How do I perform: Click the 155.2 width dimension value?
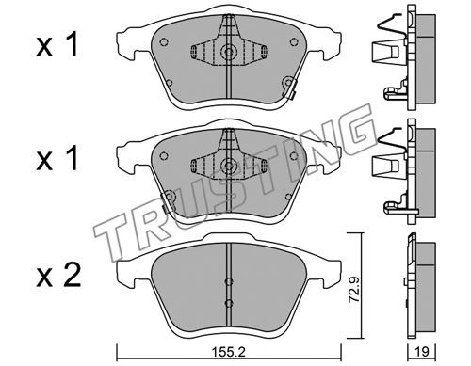click(228, 353)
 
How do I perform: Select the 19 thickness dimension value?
click(422, 352)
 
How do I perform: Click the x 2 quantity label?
click(58, 276)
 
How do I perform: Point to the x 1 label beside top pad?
click(57, 45)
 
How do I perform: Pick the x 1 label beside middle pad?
click(57, 159)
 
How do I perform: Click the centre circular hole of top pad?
click(229, 51)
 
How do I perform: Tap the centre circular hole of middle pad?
click(229, 166)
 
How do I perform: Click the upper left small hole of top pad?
click(164, 41)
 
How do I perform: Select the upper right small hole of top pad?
click(294, 41)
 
